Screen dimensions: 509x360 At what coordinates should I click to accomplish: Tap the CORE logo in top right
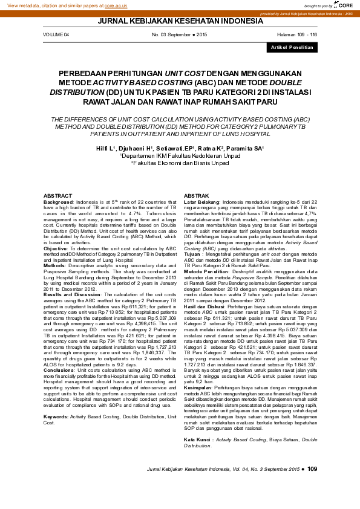tap(344, 5)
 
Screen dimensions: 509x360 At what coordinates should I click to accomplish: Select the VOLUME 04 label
tap(56, 35)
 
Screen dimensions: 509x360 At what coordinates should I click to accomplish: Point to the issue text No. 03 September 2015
tap(179, 35)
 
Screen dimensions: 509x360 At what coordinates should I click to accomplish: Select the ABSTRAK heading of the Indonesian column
tap(196, 196)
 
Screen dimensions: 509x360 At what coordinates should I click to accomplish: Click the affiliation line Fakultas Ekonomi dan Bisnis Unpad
tap(180, 163)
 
